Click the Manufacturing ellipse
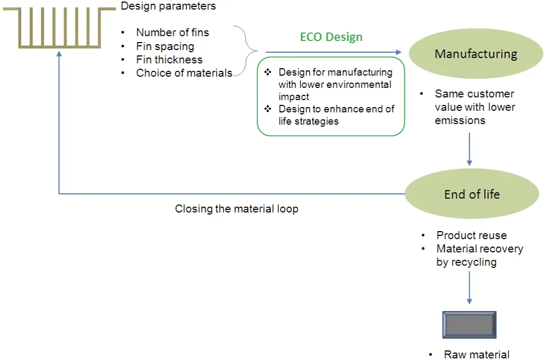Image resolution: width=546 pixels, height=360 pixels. (476, 54)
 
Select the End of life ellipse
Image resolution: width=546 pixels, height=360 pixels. (472, 194)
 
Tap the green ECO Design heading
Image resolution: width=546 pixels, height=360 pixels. (331, 37)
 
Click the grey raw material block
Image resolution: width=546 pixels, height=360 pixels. (469, 325)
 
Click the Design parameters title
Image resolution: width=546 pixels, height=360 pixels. (168, 6)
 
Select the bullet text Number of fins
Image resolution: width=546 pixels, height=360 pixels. (173, 32)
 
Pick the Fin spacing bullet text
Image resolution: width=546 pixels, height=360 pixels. (165, 46)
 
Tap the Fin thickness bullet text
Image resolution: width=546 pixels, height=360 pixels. (169, 60)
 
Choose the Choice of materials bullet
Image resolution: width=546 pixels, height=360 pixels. (184, 73)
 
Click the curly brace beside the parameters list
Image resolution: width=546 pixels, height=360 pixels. (248, 52)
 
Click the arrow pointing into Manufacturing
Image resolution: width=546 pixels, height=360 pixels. (333, 52)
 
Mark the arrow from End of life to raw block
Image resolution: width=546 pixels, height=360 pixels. (469, 288)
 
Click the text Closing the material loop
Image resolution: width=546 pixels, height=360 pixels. (237, 209)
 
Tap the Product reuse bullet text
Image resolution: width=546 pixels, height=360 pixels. (471, 235)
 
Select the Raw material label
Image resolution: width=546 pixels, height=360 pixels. (477, 355)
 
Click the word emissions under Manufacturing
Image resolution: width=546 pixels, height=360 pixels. (460, 120)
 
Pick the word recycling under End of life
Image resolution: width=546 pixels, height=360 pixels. (466, 262)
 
